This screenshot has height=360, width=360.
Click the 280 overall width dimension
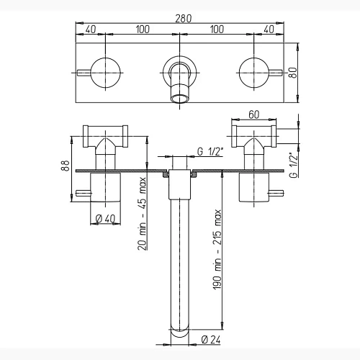click(x=184, y=19)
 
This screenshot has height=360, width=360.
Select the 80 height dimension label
click(x=293, y=73)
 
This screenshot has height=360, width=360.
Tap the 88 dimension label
click(x=66, y=166)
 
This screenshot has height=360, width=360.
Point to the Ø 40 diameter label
click(x=105, y=219)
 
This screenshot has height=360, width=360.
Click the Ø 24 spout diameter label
click(x=211, y=340)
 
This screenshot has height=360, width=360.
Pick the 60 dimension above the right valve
click(x=254, y=114)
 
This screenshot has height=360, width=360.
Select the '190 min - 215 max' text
click(x=217, y=249)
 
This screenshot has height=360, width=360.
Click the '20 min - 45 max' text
click(x=142, y=214)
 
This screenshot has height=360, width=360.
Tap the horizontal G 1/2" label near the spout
click(x=210, y=152)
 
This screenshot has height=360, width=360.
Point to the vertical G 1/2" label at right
click(x=293, y=165)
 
